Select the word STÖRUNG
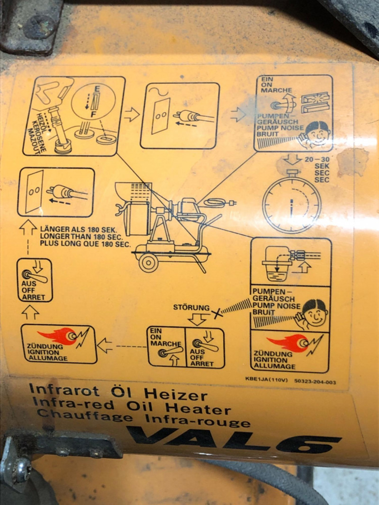click(x=191, y=307)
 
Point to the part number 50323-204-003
click(x=315, y=381)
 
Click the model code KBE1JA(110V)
click(x=266, y=379)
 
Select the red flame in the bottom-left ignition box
click(x=57, y=336)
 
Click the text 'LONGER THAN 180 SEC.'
click(x=81, y=236)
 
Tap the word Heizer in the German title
click(x=175, y=395)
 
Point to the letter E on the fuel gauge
click(x=97, y=89)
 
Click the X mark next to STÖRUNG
click(x=217, y=313)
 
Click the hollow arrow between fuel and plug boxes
click(x=132, y=115)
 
